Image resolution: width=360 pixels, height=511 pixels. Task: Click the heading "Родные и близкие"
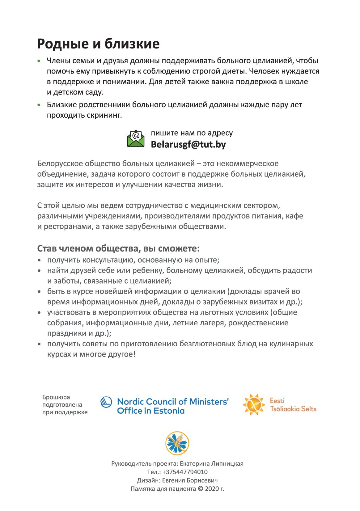click(98, 44)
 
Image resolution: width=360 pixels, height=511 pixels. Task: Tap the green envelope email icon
click(136, 139)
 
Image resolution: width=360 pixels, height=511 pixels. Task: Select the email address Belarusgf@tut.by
click(188, 145)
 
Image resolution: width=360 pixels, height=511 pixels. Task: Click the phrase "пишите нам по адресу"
click(192, 133)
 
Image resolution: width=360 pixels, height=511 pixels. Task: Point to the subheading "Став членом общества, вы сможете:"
click(118, 249)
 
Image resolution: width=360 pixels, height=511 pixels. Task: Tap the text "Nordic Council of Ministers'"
click(173, 402)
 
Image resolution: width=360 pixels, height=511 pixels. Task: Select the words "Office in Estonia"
click(150, 411)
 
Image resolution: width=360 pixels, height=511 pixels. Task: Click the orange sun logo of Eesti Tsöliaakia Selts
click(254, 404)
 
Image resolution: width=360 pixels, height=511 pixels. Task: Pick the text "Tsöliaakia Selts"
click(293, 409)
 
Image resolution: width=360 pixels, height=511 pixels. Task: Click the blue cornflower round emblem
click(177, 443)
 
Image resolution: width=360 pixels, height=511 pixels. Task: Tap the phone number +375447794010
click(184, 472)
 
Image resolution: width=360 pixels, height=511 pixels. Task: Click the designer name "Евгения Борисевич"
click(190, 480)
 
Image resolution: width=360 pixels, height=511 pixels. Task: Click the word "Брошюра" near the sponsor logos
click(52, 397)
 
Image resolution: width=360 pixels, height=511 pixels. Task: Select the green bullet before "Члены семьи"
click(39, 61)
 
